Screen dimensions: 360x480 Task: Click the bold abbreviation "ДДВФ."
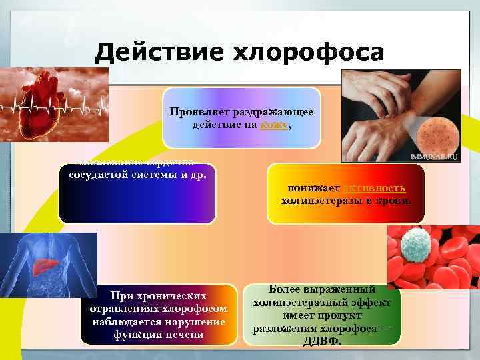[322, 341]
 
